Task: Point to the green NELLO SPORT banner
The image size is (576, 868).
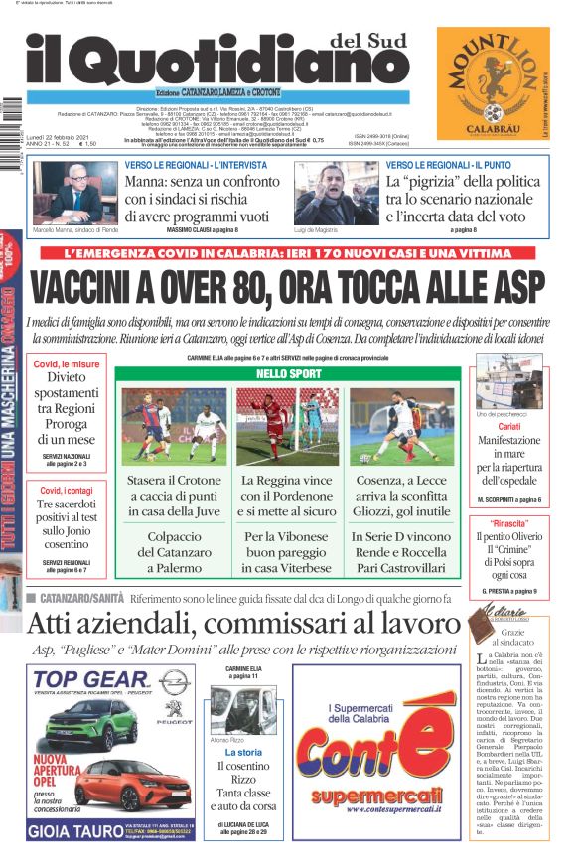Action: [x=288, y=373]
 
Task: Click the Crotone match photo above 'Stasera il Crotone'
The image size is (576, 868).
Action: [x=175, y=425]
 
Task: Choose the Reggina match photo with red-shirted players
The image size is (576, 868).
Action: [x=288, y=425]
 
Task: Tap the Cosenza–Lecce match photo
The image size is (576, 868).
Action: [x=401, y=425]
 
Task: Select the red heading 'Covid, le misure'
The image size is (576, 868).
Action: [x=67, y=364]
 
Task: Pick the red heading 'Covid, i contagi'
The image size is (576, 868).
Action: [x=66, y=491]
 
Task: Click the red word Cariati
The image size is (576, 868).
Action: [x=508, y=426]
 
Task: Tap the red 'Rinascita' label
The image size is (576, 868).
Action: [x=508, y=522]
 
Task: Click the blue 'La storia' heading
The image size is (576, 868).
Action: [x=243, y=753]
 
